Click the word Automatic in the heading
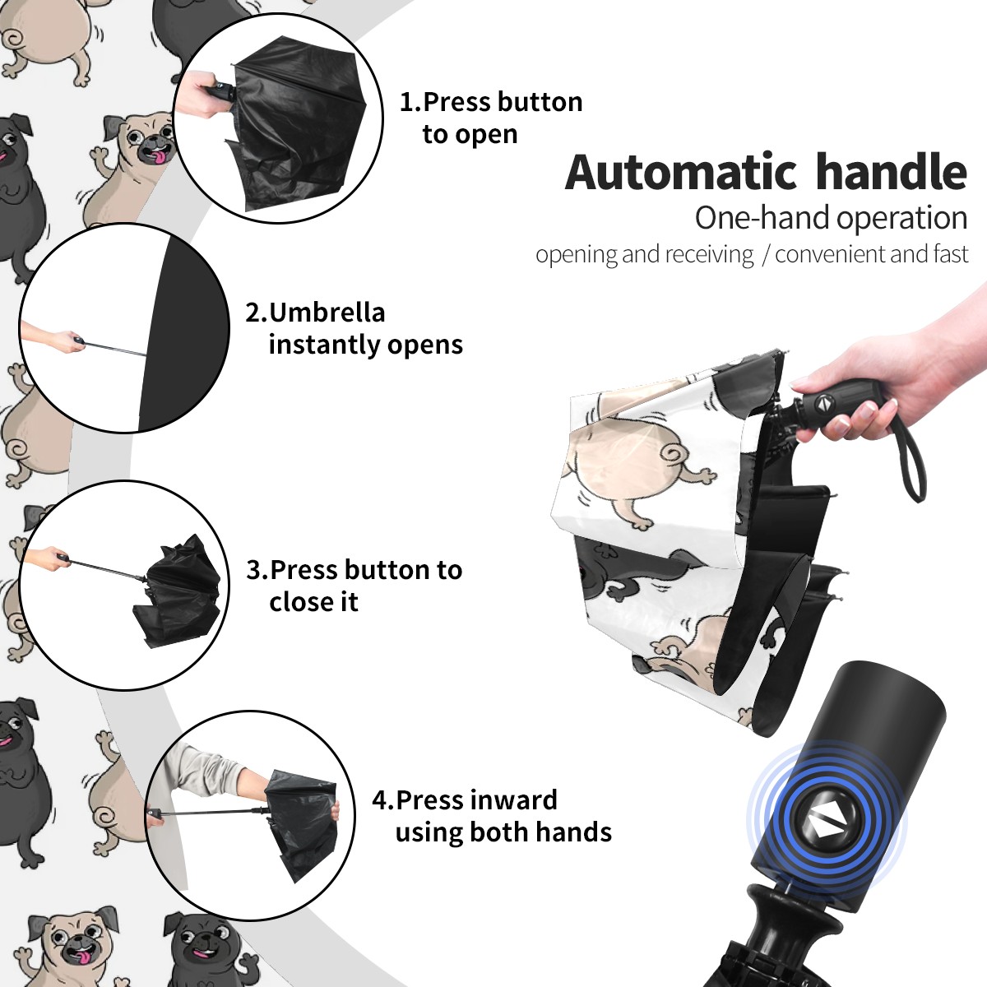pyautogui.click(x=681, y=173)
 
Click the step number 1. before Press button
pyautogui.click(x=410, y=102)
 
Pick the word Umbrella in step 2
pyautogui.click(x=327, y=313)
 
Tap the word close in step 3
pyautogui.click(x=299, y=601)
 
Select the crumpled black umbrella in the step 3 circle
pyautogui.click(x=178, y=591)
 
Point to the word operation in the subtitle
pyautogui.click(x=902, y=218)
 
